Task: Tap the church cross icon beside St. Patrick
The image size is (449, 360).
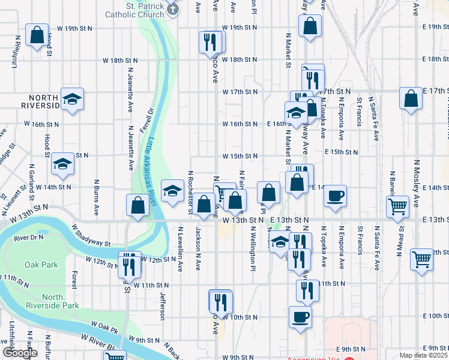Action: [173, 9]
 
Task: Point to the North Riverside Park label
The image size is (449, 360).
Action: [61, 301]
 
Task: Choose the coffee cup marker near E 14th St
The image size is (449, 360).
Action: [336, 196]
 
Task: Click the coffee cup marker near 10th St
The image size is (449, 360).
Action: [300, 317]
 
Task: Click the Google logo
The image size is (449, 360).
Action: [20, 353]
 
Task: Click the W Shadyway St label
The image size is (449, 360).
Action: [91, 236]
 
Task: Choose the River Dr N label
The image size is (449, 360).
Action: [28, 238]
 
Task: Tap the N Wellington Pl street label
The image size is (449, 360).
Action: [253, 247]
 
